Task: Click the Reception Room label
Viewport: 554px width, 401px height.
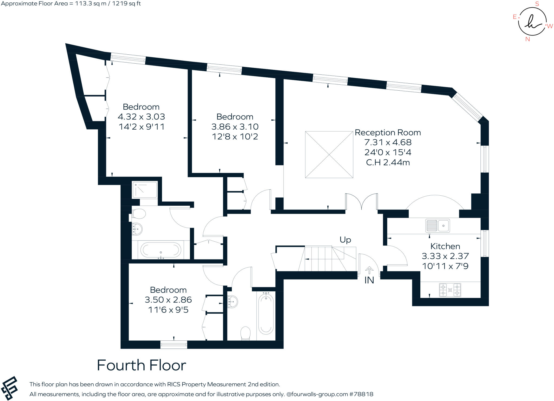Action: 388,133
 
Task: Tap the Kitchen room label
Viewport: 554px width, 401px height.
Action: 445,246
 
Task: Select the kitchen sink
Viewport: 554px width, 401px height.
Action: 438,226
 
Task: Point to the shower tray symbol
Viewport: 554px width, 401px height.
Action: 145,190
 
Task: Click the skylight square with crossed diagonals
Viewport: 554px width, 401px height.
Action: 329,155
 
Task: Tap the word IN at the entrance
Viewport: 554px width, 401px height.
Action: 369,280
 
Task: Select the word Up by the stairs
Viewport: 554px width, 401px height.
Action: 345,240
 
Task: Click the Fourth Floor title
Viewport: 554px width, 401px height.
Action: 141,365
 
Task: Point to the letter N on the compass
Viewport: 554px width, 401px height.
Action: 527,39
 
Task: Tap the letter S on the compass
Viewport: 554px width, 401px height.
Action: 537,4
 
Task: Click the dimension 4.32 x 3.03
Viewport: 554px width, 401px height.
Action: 141,117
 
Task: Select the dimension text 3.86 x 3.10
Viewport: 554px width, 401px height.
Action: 235,127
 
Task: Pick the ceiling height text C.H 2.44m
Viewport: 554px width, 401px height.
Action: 388,163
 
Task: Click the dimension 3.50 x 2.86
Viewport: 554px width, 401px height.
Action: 168,300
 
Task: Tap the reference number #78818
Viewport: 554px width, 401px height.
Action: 361,394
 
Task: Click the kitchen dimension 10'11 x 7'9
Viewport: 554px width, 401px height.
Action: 445,266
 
